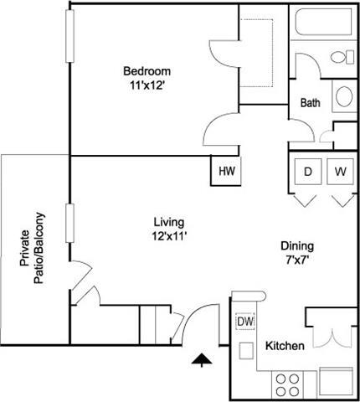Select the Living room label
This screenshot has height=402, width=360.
coord(168,222)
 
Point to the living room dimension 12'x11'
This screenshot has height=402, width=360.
coord(168,235)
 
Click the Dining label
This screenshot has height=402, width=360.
coord(296,246)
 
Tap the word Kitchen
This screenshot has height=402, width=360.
coord(284,346)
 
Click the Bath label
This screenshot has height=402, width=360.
coord(310,104)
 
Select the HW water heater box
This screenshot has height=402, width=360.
coord(226,172)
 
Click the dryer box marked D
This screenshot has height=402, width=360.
coord(308,173)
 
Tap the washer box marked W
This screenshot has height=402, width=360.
coord(340,173)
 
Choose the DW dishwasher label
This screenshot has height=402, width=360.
coord(245,322)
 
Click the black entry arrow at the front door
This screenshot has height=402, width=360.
coord(201,360)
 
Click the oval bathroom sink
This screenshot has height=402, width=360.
coord(343,97)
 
